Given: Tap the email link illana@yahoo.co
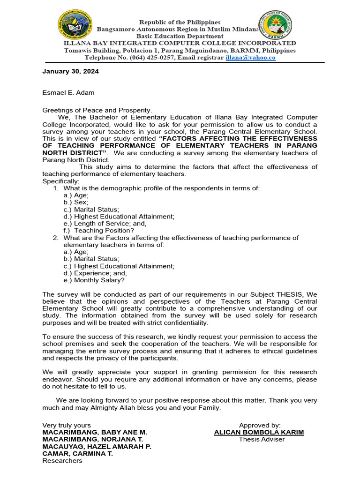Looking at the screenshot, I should click(250, 58).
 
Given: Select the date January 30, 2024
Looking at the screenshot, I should click(71, 72).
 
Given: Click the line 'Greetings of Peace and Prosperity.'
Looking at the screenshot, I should click(97, 110).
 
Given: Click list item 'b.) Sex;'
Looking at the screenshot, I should click(75, 202).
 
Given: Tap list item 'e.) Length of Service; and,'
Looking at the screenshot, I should click(103, 223).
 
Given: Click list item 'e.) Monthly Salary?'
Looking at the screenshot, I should click(94, 280).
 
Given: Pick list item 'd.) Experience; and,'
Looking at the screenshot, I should click(95, 273).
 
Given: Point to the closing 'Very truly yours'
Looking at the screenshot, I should click(67, 425).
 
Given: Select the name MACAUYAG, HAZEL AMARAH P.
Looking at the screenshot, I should click(97, 446).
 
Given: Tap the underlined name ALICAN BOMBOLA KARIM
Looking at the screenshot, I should click(259, 432).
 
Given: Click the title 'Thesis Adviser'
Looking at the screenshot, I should click(262, 439).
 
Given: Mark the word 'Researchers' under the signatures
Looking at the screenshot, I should click(62, 460).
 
